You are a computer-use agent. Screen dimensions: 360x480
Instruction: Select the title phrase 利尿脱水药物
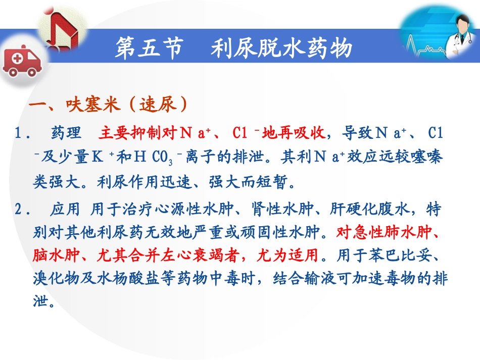point(281,49)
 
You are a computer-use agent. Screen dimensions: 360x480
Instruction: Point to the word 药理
point(66,133)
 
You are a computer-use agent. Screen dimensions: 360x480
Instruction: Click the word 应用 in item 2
point(65,210)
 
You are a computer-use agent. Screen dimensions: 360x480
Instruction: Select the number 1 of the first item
point(19,134)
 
